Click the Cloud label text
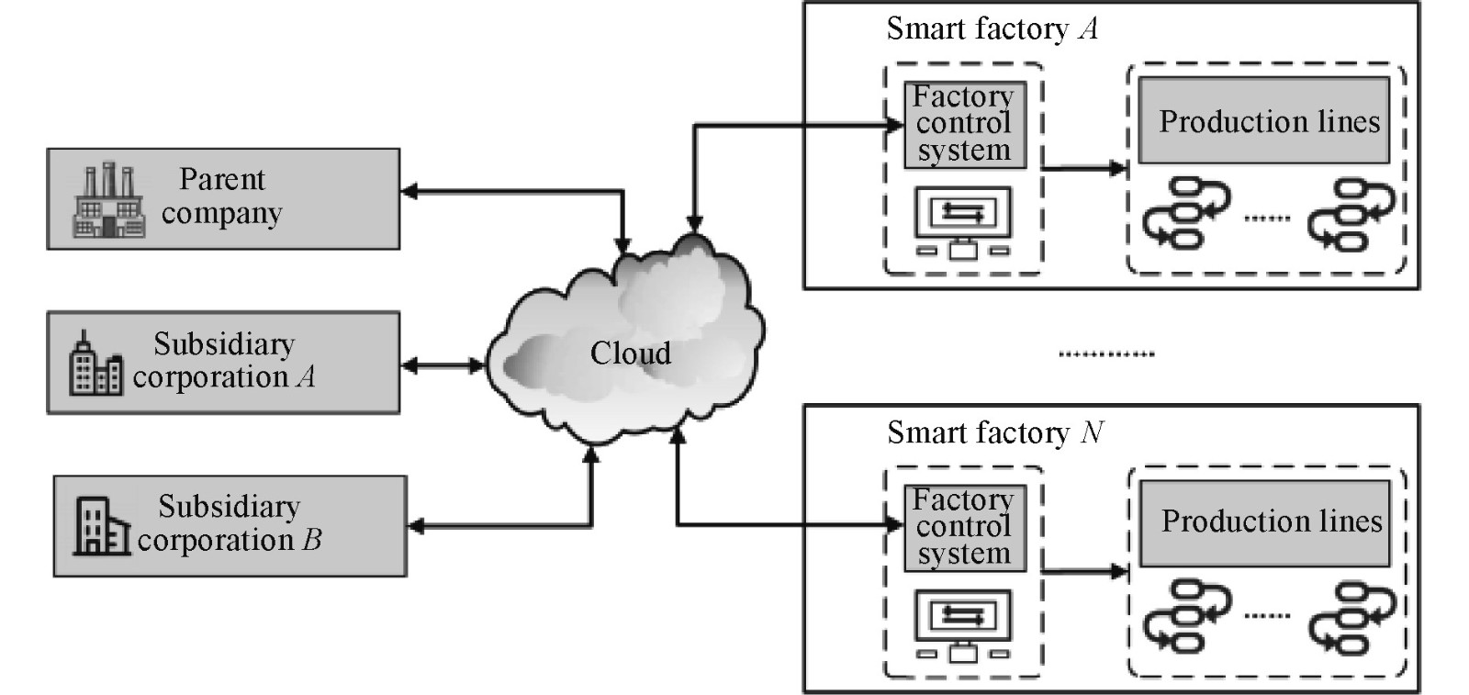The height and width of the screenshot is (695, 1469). point(630,353)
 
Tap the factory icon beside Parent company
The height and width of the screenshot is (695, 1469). point(108,201)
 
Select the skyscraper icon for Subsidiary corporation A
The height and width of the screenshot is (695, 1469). point(95,364)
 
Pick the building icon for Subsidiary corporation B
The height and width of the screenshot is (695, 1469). point(100,526)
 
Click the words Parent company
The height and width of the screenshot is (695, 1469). point(221,196)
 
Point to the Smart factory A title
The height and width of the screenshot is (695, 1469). point(992,29)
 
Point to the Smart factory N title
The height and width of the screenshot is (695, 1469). point(995,432)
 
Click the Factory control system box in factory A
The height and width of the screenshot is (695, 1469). point(963,124)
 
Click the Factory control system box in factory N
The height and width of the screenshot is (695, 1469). point(963,528)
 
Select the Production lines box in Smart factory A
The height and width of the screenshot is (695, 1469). point(1263,121)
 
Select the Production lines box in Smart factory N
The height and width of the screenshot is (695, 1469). point(1265,522)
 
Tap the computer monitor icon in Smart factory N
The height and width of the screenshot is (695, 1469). point(963,626)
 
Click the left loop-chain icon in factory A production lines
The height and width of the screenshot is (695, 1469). point(1184,213)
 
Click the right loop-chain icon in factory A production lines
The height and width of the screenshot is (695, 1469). point(1351,213)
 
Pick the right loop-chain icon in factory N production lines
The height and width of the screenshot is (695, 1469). point(1351,616)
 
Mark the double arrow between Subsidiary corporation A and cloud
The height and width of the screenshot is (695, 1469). point(443,366)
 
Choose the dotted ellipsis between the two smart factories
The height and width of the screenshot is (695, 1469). point(1106,354)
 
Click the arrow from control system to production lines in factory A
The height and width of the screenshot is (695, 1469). point(1084,168)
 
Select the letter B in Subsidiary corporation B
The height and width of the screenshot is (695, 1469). point(312,540)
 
